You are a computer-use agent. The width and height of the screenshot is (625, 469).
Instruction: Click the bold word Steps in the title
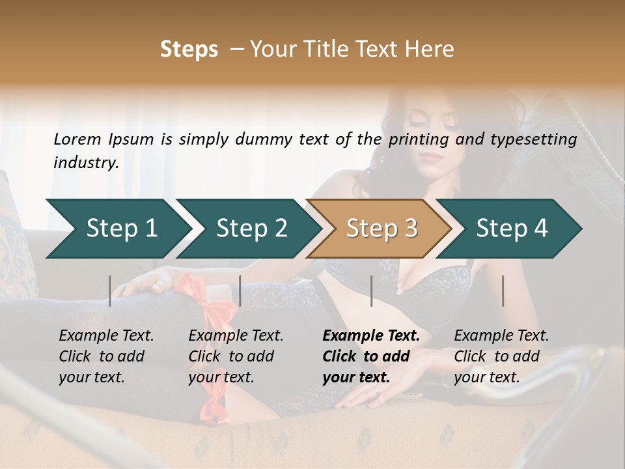189,50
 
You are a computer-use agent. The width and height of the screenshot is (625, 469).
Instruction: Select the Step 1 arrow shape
117,229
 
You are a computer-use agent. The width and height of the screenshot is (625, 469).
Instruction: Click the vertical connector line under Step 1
110,291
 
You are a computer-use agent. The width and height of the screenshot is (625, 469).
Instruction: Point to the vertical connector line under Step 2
240,291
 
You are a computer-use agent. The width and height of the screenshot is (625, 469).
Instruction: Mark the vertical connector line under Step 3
372,291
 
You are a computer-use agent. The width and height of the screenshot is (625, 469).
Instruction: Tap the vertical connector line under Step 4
503,291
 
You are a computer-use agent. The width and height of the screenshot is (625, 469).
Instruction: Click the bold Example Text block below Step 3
371,356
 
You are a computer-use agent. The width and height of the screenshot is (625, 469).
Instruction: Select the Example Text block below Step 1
107,356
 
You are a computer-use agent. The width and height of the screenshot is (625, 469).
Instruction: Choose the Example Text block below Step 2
236,356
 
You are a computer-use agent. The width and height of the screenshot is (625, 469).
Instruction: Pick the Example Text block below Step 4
502,356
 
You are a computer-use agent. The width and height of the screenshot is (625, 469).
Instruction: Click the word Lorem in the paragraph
77,139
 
